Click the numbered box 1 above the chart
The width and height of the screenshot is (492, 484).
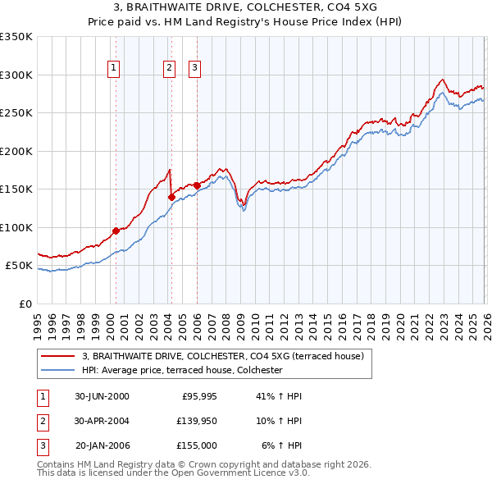pos(113,68)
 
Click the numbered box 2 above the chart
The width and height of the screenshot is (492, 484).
pos(169,68)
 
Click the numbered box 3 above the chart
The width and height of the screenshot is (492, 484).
pos(195,68)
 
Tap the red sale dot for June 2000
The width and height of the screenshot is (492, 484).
pos(116,231)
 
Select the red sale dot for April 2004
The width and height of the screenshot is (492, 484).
pos(171,197)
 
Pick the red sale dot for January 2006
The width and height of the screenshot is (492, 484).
pos(197,185)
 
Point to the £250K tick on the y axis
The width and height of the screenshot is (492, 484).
pos(16,113)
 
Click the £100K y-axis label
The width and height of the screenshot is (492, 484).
pos(16,227)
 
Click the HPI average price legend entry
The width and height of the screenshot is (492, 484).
pos(182,370)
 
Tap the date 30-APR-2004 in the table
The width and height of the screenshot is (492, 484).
pos(102,421)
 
